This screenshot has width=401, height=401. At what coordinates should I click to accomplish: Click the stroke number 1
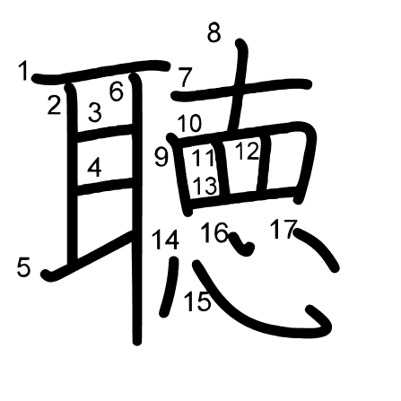22,71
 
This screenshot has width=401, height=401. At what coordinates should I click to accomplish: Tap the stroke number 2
54,105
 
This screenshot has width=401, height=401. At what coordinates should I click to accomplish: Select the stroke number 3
95,112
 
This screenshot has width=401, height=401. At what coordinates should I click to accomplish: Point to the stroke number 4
94,168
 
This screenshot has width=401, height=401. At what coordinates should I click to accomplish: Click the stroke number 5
23,267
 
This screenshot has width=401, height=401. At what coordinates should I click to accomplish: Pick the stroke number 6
117,92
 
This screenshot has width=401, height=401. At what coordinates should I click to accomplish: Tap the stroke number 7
185,77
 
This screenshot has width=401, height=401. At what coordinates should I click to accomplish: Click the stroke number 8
214,33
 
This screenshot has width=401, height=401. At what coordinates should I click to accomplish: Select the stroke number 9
161,158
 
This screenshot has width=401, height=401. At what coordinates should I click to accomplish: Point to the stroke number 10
190,123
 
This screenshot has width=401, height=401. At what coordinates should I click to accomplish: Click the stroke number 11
204,157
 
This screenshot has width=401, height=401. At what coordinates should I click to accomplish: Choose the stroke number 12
247,151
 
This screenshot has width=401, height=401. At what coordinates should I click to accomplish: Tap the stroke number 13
205,186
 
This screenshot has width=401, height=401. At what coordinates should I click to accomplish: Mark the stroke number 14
166,240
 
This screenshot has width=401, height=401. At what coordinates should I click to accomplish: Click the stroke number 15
197,301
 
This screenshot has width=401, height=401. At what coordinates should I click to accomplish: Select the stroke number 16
214,232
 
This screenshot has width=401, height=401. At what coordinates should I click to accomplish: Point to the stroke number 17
283,230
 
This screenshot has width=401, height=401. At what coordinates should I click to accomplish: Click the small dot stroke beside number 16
242,244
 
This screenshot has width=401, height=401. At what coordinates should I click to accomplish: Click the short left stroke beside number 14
170,286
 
